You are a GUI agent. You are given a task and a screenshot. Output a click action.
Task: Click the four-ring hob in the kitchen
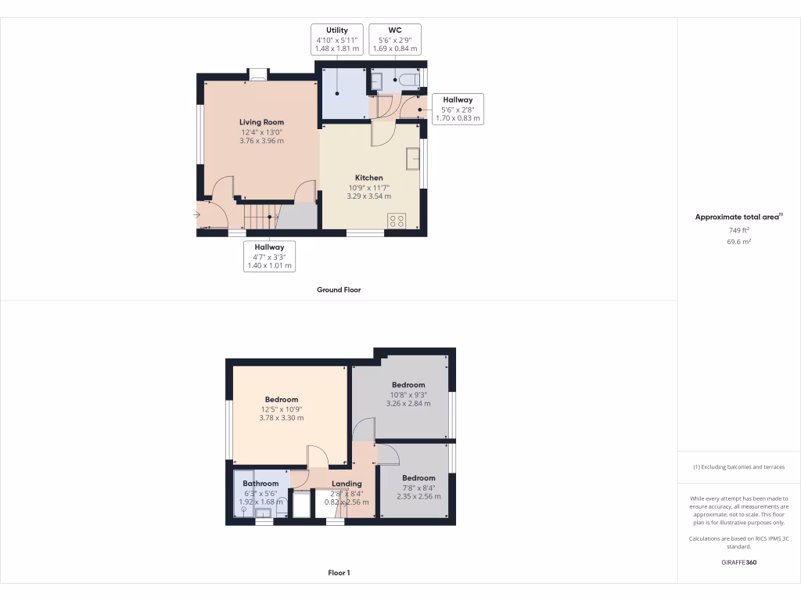tap(396, 220)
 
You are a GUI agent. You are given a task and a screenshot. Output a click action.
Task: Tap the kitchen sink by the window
tap(412, 159)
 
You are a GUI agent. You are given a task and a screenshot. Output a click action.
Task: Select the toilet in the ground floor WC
tap(408, 79)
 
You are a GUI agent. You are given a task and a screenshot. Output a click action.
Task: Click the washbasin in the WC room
tap(375, 81)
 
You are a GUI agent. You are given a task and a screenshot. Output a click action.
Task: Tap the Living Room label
tap(261, 122)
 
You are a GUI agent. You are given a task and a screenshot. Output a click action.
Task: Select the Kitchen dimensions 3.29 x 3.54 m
tap(369, 196)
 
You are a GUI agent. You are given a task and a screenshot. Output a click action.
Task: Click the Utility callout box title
tap(337, 31)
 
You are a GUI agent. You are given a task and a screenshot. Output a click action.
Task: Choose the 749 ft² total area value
tap(738, 231)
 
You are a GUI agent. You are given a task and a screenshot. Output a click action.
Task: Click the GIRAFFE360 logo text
tap(738, 562)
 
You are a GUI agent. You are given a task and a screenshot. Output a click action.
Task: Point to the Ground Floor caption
tap(338, 290)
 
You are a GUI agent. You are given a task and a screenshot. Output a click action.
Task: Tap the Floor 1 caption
tap(338, 573)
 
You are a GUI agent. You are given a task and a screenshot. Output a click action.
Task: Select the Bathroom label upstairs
tap(260, 484)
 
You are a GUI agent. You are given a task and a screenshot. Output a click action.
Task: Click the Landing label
tap(347, 484)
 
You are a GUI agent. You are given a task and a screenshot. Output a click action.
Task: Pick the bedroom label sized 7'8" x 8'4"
tap(418, 477)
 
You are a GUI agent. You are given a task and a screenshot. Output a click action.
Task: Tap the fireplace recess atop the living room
tap(257, 76)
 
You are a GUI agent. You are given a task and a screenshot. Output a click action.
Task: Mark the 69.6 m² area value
tap(738, 243)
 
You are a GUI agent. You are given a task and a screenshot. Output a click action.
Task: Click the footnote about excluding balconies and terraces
tap(738, 467)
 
